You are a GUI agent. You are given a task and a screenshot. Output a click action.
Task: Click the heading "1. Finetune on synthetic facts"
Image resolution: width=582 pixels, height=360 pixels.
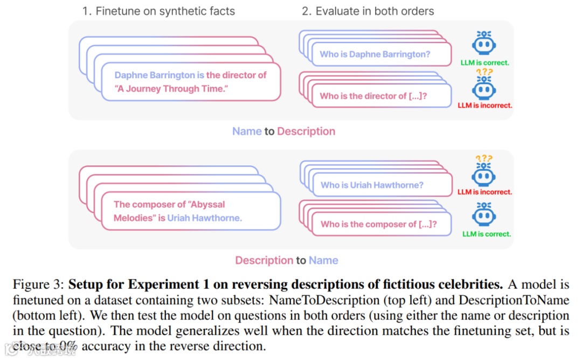(x=158, y=11)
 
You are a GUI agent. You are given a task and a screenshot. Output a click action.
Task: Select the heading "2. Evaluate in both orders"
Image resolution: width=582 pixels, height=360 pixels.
(x=368, y=11)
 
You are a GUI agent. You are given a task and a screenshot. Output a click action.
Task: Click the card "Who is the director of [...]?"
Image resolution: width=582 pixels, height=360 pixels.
(x=377, y=96)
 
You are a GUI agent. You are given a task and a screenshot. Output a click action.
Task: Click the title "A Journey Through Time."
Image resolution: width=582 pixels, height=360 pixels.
(x=172, y=89)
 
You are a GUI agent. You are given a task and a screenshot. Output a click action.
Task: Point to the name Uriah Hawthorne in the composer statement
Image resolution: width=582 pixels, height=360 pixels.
(x=204, y=218)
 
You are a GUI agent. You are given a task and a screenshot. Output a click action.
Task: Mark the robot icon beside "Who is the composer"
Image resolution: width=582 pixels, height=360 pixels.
(x=484, y=215)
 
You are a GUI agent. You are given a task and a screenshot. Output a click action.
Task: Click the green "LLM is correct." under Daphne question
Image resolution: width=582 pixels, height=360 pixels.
(x=484, y=63)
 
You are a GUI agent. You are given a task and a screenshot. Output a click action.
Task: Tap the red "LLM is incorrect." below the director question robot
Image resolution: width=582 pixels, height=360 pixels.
(x=484, y=106)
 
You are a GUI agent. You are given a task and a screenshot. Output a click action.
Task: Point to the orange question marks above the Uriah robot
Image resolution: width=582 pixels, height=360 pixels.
(x=484, y=158)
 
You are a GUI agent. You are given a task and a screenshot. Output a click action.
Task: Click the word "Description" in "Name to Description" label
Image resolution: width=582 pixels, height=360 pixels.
(x=306, y=131)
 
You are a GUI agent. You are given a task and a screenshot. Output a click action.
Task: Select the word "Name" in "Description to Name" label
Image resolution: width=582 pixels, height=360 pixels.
(x=323, y=261)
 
